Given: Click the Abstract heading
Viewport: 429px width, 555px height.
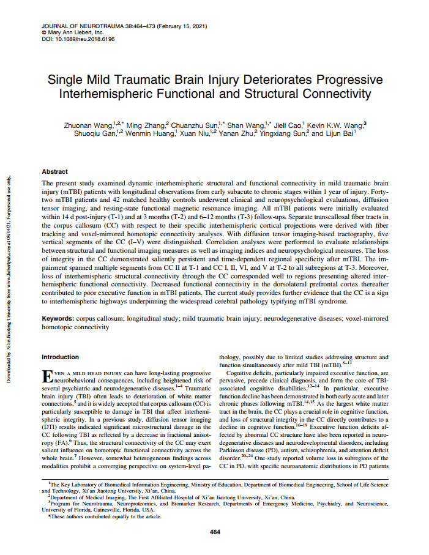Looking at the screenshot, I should (x=54, y=172).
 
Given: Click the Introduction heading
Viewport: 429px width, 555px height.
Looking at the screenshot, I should (x=59, y=357).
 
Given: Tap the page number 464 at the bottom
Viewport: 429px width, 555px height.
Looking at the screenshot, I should (x=214, y=532).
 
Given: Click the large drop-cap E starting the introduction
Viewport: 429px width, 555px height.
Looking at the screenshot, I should (x=45, y=375).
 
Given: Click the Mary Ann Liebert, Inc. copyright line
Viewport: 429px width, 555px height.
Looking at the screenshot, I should (x=72, y=32).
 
